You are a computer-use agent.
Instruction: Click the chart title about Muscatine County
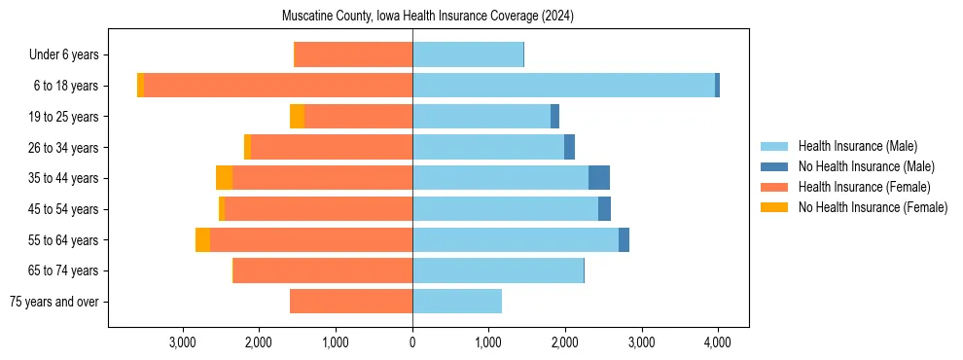click(428, 17)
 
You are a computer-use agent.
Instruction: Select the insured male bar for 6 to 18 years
click(563, 86)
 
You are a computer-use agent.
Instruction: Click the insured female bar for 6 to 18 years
click(278, 86)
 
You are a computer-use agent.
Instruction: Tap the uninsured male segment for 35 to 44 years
click(599, 178)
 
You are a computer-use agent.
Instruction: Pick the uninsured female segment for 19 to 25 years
click(297, 117)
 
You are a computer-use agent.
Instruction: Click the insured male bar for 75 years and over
click(457, 302)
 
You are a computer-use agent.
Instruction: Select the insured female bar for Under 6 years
click(353, 55)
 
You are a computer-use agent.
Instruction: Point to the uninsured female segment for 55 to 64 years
click(202, 240)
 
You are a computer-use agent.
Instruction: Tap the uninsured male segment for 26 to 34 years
click(569, 148)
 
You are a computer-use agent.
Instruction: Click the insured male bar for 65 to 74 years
click(498, 270)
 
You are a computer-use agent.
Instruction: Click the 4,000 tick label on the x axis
click(718, 342)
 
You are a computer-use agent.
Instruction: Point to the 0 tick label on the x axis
click(412, 342)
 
